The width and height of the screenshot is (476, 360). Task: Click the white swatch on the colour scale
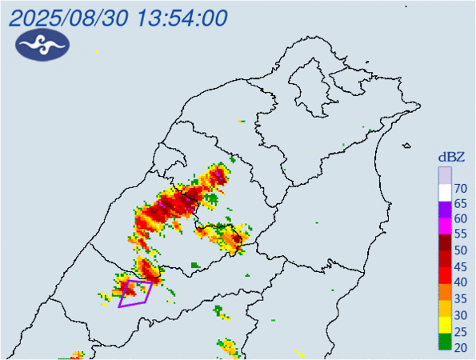[x=444, y=192]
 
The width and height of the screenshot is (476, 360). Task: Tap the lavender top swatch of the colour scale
[x=444, y=175]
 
